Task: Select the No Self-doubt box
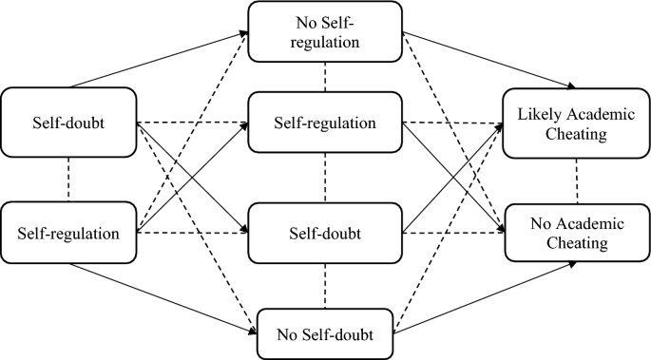pyautogui.click(x=325, y=333)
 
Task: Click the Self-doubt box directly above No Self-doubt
pyautogui.click(x=325, y=232)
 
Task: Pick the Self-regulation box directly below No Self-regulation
pyautogui.click(x=325, y=123)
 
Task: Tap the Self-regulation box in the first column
pyautogui.click(x=67, y=232)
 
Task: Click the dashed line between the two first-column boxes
pyautogui.click(x=67, y=179)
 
